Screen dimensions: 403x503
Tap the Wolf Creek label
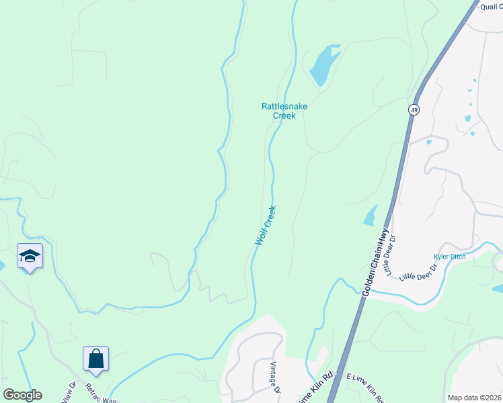point(266,225)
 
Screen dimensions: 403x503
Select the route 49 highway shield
point(413,109)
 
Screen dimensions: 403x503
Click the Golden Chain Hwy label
point(376,262)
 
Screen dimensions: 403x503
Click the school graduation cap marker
point(30,256)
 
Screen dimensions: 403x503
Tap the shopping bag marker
point(95,359)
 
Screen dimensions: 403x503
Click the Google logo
point(23,395)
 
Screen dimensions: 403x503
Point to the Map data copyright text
point(474,398)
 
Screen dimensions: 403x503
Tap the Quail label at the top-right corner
point(490,7)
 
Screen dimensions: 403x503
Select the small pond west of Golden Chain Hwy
point(370,215)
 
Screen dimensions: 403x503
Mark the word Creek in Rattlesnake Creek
point(284,116)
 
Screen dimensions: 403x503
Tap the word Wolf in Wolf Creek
point(260,237)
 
